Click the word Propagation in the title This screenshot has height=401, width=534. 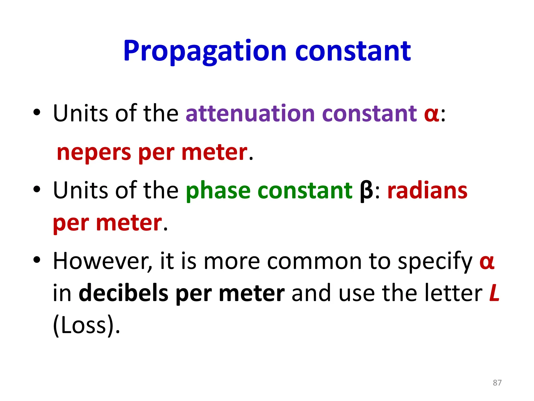205,51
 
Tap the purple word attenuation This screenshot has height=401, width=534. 252,114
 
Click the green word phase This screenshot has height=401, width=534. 218,191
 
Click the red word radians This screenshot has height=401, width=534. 427,191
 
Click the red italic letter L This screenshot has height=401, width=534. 494,293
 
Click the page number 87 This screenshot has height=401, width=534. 497,383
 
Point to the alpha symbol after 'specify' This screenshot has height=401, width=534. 487,262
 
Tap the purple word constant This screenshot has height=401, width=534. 369,114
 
